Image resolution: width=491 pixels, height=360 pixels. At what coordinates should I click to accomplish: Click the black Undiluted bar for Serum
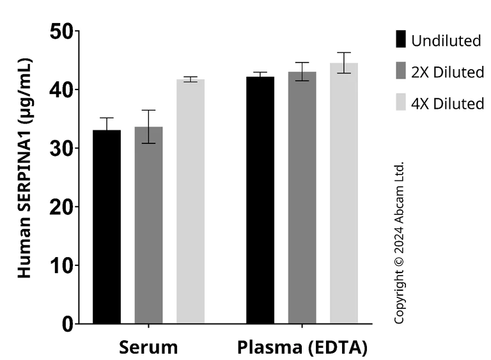click(x=107, y=227)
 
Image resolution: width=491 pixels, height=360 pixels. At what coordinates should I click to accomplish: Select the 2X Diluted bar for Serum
click(x=148, y=225)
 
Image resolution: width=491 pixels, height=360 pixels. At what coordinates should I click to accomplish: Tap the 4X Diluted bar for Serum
click(x=191, y=201)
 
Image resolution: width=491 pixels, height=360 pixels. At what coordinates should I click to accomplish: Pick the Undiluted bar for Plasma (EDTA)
click(x=260, y=200)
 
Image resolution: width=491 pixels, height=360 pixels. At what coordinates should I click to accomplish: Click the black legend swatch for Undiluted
click(x=400, y=40)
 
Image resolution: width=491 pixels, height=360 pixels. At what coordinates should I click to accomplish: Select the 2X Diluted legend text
click(x=448, y=72)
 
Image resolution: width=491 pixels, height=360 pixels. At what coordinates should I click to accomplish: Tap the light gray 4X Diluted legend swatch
click(x=400, y=102)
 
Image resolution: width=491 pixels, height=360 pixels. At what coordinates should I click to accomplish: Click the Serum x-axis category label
click(x=148, y=348)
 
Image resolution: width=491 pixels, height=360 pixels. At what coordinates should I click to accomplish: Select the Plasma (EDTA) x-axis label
click(x=302, y=348)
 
